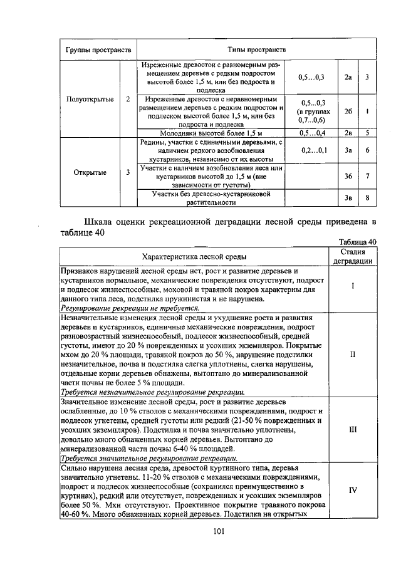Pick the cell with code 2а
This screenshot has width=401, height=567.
tap(348, 76)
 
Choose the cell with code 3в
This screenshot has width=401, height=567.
tap(348, 198)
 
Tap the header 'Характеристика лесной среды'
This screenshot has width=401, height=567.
tap(194, 256)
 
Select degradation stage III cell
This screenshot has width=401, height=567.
tap(352, 430)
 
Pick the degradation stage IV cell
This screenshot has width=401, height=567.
tap(352, 490)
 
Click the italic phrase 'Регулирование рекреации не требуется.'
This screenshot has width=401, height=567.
tap(130, 308)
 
